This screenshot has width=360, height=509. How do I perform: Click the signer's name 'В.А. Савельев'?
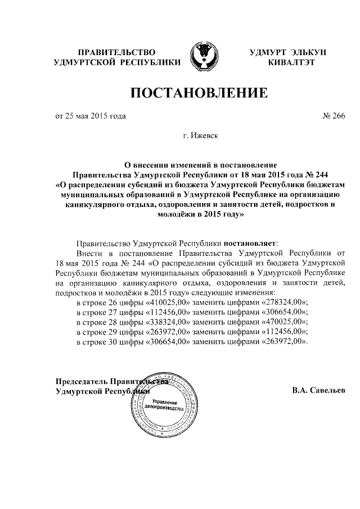point(319,390)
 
